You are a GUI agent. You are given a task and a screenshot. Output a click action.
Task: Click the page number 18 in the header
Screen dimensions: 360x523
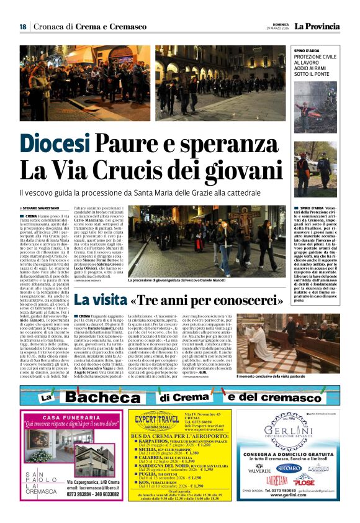pyautogui.click(x=22, y=26)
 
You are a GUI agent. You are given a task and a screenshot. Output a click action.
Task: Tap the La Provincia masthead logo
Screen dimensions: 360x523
pyautogui.click(x=317, y=26)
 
